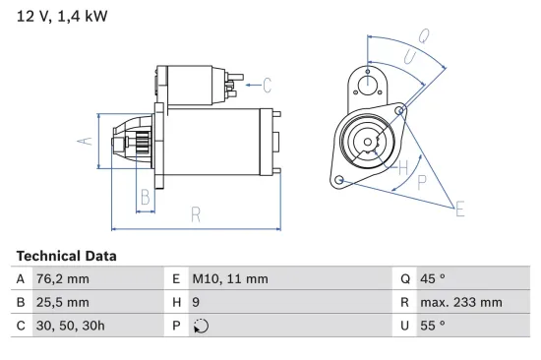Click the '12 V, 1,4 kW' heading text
coord(62,17)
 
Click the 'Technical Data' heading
coord(66,256)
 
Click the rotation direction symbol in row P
coord(201,327)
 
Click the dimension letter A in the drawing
coord(86,142)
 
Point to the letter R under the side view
coord(196,214)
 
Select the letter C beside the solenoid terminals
coord(267,85)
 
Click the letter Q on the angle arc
coord(423,35)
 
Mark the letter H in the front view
coord(401,167)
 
